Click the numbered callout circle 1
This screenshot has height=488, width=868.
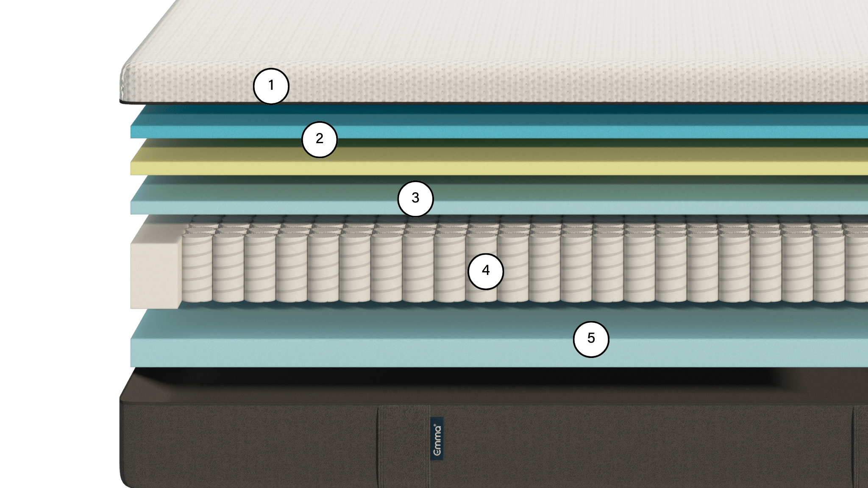271,86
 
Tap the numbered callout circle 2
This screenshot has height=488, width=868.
320,139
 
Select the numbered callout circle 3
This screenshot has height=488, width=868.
415,199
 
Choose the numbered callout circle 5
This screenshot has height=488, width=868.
591,339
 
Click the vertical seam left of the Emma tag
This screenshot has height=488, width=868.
378,445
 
